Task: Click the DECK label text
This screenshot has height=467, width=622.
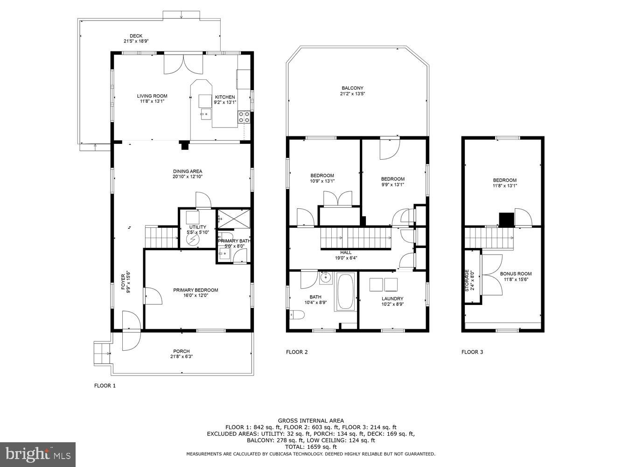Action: (136, 36)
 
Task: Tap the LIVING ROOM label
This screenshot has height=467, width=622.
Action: (152, 96)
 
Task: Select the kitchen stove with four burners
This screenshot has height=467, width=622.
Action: (244, 117)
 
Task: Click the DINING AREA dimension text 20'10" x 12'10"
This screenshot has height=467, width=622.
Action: (188, 177)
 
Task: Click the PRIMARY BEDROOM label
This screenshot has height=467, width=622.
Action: (196, 290)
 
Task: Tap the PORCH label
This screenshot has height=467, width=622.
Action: (182, 351)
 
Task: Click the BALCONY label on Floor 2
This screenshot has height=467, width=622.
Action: (352, 88)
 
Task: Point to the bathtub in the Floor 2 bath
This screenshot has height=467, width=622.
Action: (346, 292)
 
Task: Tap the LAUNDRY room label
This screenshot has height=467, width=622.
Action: (392, 299)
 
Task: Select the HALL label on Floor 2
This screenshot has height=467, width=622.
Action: (346, 252)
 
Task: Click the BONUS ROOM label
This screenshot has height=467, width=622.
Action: (516, 274)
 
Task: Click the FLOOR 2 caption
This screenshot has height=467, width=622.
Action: (297, 352)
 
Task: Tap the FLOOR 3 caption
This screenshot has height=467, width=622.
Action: (472, 352)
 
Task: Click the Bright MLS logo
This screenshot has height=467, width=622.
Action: (38, 454)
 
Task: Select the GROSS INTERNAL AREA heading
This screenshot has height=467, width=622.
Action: (311, 421)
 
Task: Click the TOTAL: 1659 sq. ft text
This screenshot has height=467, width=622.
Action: (311, 447)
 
